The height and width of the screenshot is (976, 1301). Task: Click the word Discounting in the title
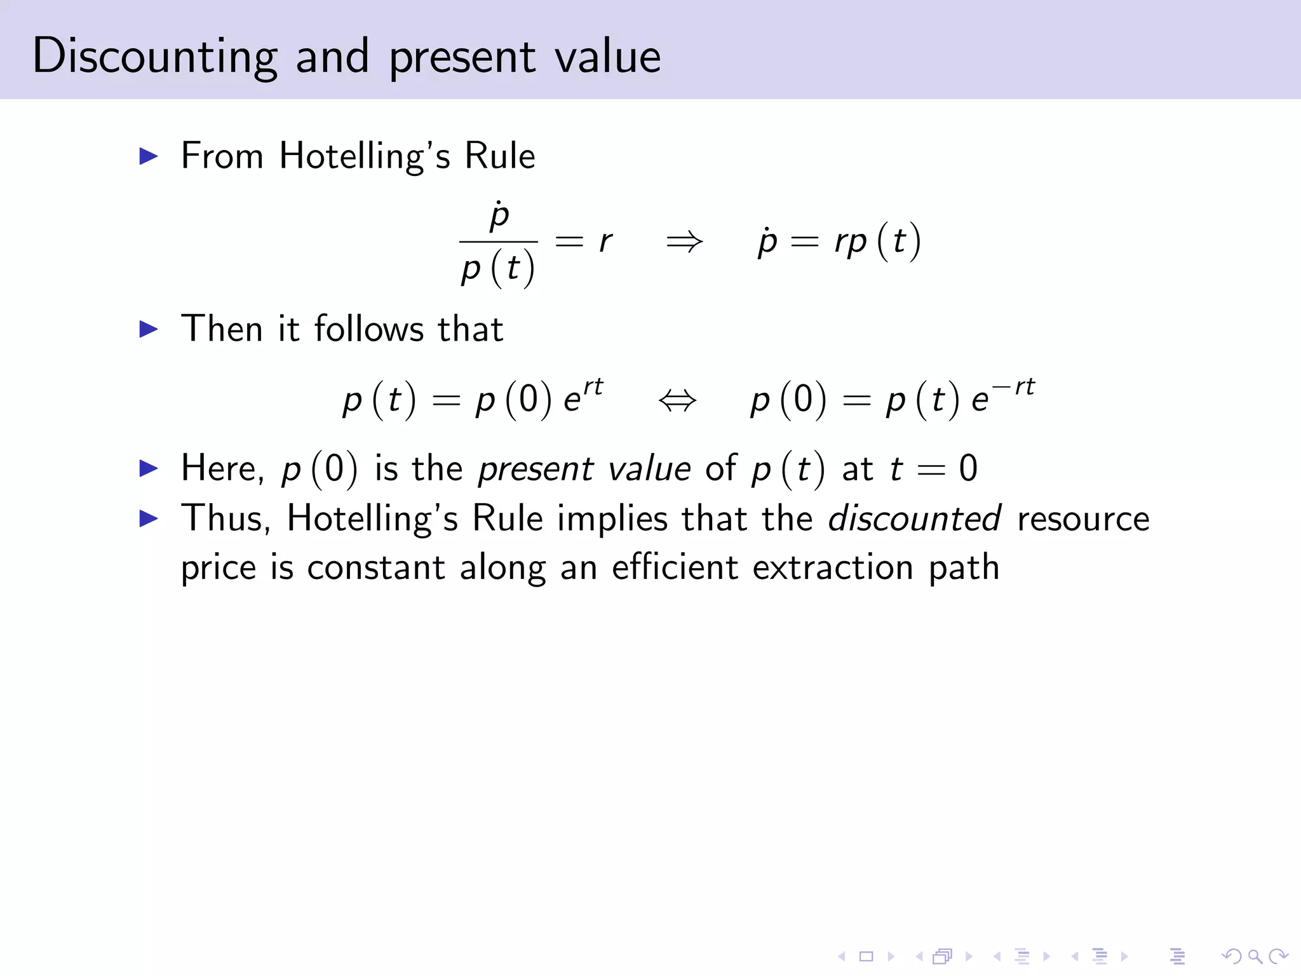[x=154, y=56]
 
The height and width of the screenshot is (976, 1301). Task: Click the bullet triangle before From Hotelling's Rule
[x=148, y=156]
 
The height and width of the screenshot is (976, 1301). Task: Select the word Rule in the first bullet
[x=500, y=156]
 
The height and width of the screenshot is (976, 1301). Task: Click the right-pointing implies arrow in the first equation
[x=684, y=241]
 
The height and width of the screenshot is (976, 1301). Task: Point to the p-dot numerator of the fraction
[x=499, y=215]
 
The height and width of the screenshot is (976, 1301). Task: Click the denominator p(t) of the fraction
[x=498, y=268]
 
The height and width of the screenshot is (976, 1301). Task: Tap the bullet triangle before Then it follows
[x=148, y=329]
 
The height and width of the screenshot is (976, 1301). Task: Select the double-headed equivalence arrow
[x=678, y=400]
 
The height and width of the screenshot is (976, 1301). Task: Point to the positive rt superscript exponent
[x=593, y=386]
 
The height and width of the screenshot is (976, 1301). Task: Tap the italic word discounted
[x=915, y=518]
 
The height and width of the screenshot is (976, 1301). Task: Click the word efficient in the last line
[x=674, y=567]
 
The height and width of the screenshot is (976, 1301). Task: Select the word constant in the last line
[x=375, y=567]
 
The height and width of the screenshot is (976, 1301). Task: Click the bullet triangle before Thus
[x=148, y=518]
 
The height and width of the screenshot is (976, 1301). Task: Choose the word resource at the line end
[x=1083, y=518]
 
